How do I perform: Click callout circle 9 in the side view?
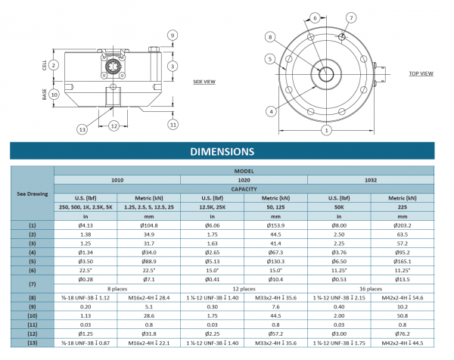(x=173, y=35)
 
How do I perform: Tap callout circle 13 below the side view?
(x=82, y=130)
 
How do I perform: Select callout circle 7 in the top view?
(x=351, y=17)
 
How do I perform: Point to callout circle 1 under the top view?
(x=326, y=130)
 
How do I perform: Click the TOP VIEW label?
(x=421, y=73)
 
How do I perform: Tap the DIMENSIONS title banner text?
(x=227, y=152)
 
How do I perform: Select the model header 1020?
(x=244, y=180)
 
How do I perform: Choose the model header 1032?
(x=371, y=180)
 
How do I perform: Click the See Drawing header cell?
(x=32, y=193)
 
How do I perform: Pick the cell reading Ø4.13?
(x=85, y=225)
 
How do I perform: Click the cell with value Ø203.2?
(x=402, y=225)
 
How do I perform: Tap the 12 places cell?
(x=244, y=288)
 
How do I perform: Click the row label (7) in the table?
(x=32, y=284)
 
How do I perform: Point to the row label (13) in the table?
(x=32, y=343)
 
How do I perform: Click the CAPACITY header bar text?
(x=244, y=189)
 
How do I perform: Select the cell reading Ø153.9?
(x=275, y=225)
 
